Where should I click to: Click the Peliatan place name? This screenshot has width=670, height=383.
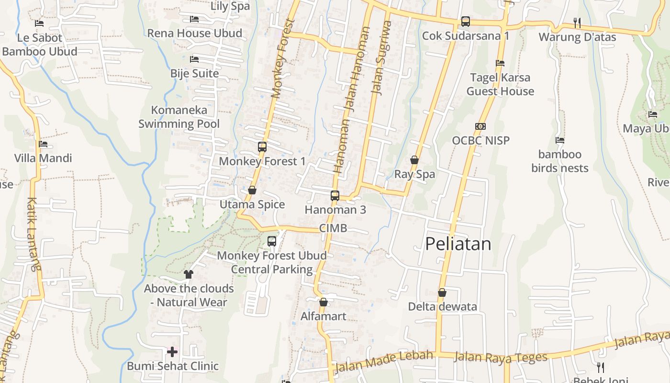click(458, 244)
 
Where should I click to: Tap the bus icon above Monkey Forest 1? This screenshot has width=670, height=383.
click(262, 147)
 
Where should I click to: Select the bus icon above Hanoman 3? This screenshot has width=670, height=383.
click(335, 195)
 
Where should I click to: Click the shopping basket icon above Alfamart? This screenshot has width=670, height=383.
click(324, 302)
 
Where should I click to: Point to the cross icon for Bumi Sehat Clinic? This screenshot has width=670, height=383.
click(172, 352)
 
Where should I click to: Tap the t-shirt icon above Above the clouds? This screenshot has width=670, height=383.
click(188, 274)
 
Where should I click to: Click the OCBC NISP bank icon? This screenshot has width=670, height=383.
click(480, 126)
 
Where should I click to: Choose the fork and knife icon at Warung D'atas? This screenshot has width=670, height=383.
click(577, 23)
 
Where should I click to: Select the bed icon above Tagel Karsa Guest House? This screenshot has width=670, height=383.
click(500, 63)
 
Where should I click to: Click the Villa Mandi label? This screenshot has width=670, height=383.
click(43, 158)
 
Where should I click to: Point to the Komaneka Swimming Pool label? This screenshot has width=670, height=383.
click(179, 117)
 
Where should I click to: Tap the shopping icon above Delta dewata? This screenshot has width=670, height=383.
click(442, 293)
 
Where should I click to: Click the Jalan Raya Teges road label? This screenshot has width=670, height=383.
click(500, 357)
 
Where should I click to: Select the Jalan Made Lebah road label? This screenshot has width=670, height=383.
click(384, 360)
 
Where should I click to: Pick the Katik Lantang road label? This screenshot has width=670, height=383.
click(33, 235)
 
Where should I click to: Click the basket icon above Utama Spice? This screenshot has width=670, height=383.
click(252, 191)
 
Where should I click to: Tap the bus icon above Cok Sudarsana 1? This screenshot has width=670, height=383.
click(466, 22)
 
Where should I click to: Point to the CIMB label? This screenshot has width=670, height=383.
click(333, 228)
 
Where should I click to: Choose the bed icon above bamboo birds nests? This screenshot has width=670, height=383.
click(560, 140)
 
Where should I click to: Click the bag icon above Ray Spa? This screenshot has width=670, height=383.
click(414, 160)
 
